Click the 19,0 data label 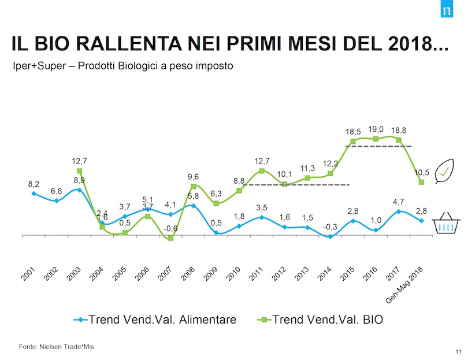(x=376, y=130)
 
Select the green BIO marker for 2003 (x=79, y=171)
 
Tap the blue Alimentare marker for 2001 (x=34, y=193)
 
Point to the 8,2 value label (x=34, y=184)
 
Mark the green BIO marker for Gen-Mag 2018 (x=421, y=182)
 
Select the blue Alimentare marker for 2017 (x=399, y=211)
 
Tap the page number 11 (x=458, y=351)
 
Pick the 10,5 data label (x=421, y=173)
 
